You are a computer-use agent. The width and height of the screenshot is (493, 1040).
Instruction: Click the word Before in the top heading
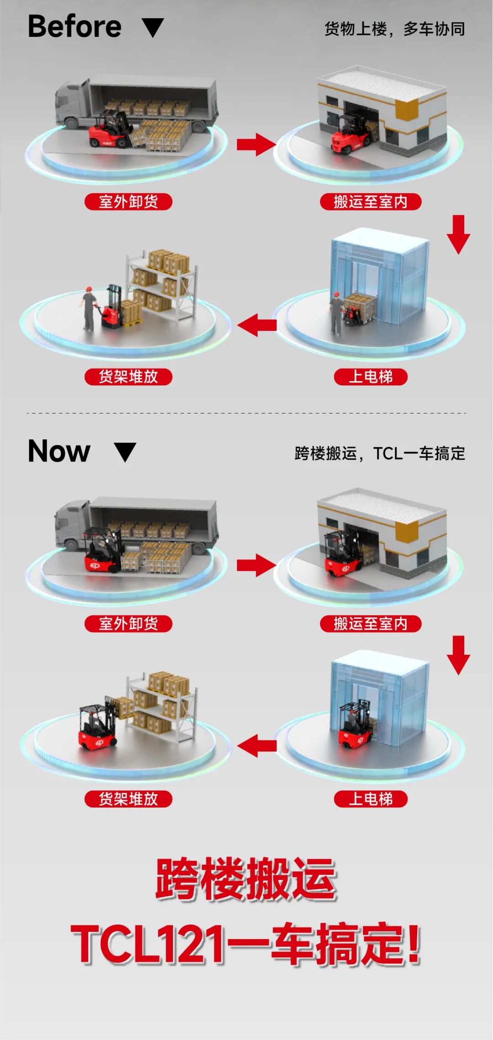coord(74,26)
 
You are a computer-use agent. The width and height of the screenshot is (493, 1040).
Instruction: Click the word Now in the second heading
coord(59,451)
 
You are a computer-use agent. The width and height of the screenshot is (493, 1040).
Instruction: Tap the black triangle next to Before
coord(153,27)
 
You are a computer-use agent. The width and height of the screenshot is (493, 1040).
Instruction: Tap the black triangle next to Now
coord(125,452)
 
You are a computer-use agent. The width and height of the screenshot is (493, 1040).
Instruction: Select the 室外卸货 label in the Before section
coord(128,201)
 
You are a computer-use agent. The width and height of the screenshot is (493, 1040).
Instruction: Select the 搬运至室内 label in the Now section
coord(370,623)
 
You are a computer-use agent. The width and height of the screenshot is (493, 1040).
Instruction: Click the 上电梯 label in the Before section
coord(370,377)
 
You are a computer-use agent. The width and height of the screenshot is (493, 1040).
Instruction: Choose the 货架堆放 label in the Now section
coord(128,799)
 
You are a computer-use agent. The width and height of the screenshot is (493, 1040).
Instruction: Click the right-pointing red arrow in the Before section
coord(256,145)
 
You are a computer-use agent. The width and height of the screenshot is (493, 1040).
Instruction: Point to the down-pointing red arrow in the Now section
coord(458,655)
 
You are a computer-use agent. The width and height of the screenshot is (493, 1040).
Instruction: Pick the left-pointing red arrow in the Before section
coord(257,325)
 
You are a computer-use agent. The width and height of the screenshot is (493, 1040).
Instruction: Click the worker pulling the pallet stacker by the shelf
coord(89,308)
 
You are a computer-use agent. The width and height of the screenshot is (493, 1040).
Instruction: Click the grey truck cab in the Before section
coord(72,104)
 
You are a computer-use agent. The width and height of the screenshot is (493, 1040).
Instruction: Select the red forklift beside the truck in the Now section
coord(101,551)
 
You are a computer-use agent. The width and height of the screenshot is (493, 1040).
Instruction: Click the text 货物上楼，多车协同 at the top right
coord(394,29)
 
